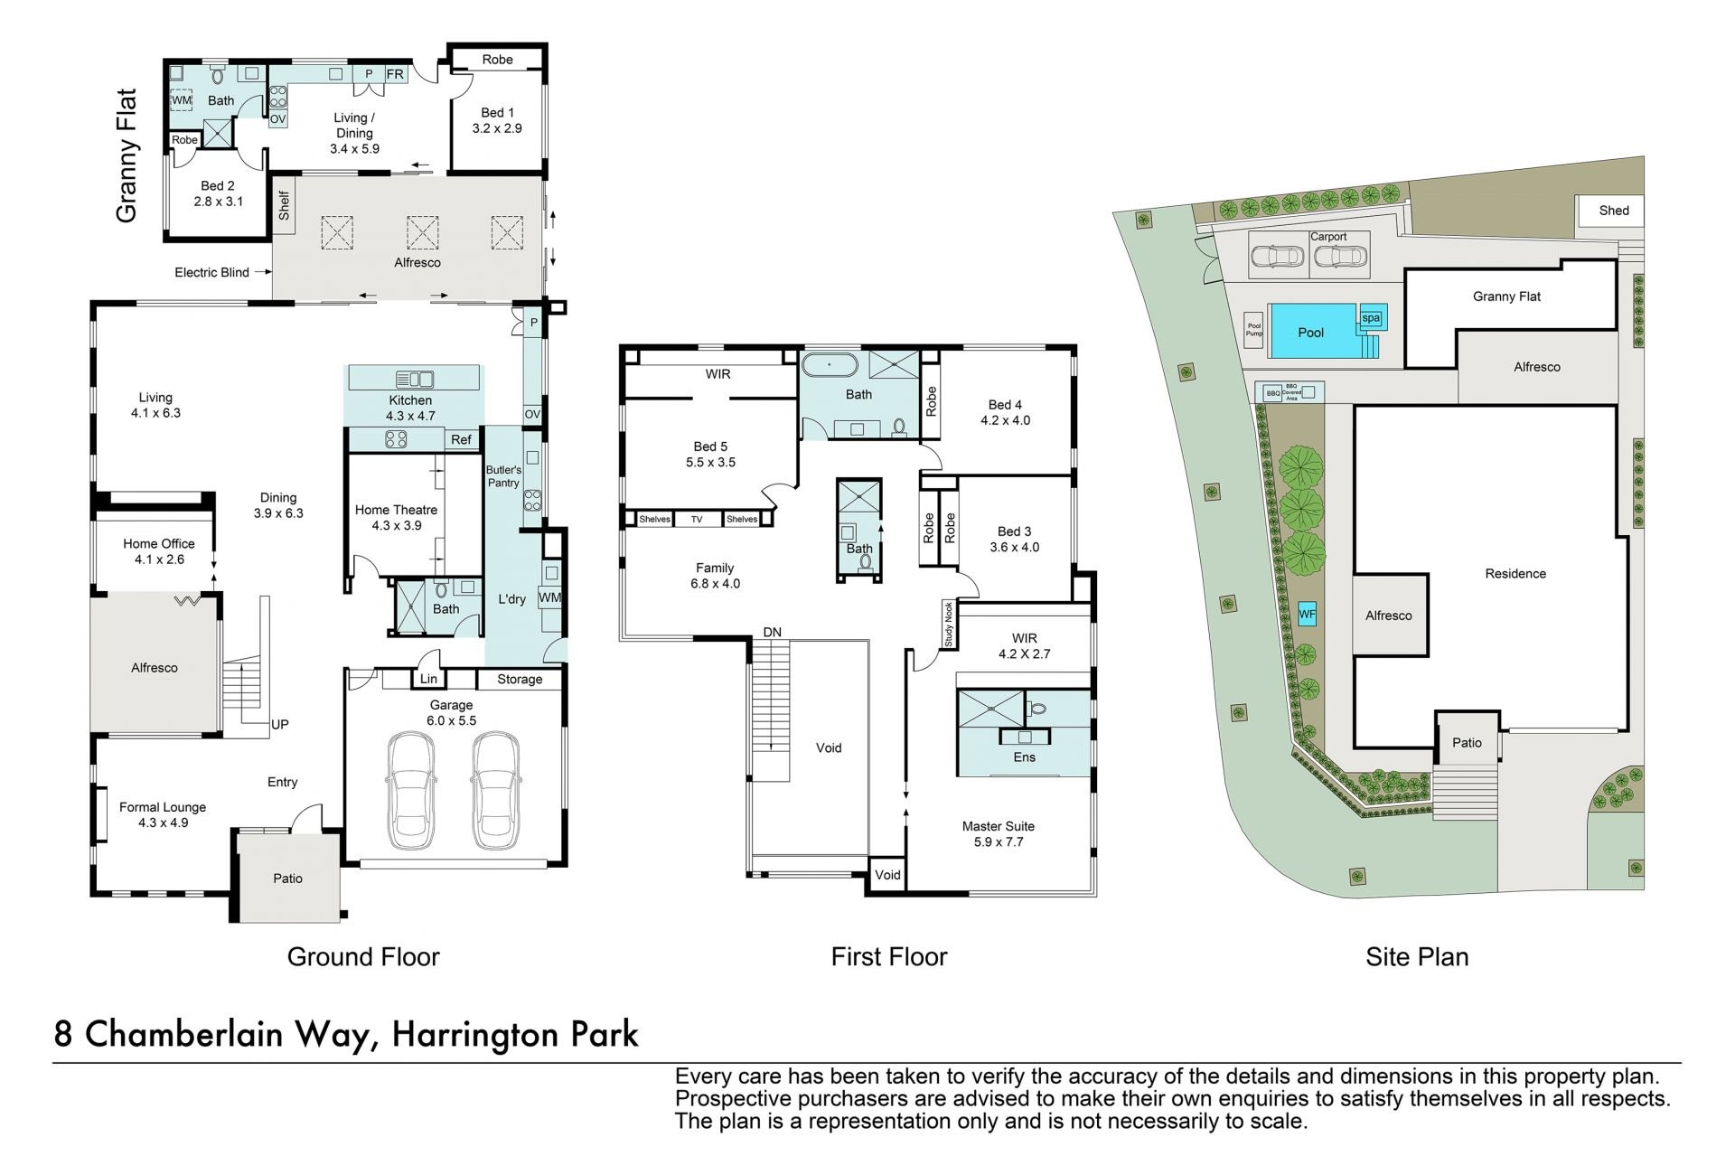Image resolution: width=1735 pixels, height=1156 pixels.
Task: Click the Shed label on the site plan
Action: tap(1614, 211)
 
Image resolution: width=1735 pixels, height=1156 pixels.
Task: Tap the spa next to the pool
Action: tap(1371, 317)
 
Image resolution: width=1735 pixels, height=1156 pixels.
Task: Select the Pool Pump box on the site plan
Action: tap(1254, 330)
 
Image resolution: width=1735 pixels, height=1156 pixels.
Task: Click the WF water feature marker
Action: tap(1307, 615)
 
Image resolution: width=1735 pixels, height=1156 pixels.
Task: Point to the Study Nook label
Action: tap(949, 624)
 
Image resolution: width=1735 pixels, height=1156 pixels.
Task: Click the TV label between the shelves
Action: tap(697, 519)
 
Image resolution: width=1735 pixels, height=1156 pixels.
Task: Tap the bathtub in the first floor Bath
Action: tap(830, 367)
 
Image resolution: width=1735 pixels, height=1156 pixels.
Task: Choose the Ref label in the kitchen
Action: tap(461, 439)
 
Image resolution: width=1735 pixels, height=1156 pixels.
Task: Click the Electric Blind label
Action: tap(211, 272)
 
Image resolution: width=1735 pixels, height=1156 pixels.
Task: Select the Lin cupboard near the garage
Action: tap(428, 679)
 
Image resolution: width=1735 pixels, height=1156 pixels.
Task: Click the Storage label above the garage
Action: tap(520, 679)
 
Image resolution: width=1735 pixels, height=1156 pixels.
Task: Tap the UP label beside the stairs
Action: tap(280, 724)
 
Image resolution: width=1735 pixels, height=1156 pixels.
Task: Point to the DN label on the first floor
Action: tap(772, 632)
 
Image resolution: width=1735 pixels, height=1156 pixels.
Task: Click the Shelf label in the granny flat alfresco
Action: tap(284, 205)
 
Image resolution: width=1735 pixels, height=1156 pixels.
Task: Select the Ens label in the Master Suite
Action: tap(1024, 757)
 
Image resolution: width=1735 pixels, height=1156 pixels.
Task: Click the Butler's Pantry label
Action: tap(503, 476)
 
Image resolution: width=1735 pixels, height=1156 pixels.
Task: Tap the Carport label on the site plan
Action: tap(1328, 237)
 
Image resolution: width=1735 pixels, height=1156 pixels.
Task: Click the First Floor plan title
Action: tap(889, 956)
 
